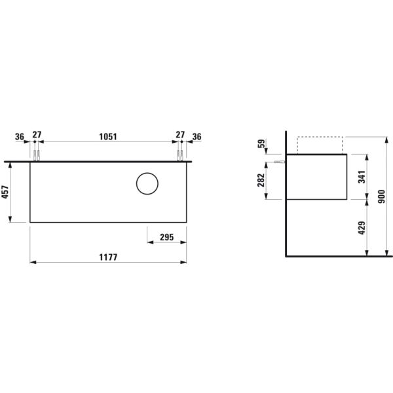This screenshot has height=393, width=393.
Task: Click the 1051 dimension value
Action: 107,136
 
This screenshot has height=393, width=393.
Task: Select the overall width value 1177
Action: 107,257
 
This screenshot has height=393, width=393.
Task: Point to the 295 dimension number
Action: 166,237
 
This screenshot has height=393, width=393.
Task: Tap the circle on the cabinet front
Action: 147,184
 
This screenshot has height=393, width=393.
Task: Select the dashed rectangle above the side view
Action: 320,145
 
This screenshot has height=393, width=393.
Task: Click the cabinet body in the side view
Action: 317,176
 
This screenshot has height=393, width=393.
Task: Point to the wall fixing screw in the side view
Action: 278,161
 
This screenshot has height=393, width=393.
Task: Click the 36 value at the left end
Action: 20,136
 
